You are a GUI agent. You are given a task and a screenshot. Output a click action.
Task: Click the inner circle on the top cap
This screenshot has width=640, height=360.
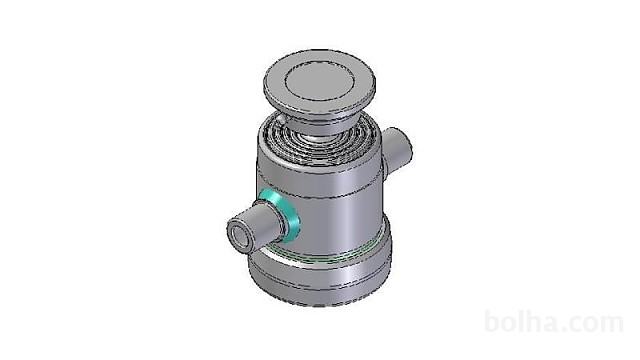[319, 83]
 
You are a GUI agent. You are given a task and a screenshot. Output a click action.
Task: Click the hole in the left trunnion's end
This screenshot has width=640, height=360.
[240, 238]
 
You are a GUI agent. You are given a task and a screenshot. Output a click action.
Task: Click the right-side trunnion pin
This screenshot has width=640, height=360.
[397, 151]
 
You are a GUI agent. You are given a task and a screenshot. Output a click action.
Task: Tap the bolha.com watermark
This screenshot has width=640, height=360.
[554, 322]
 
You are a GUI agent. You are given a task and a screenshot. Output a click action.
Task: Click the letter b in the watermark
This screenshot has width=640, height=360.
[493, 322]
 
